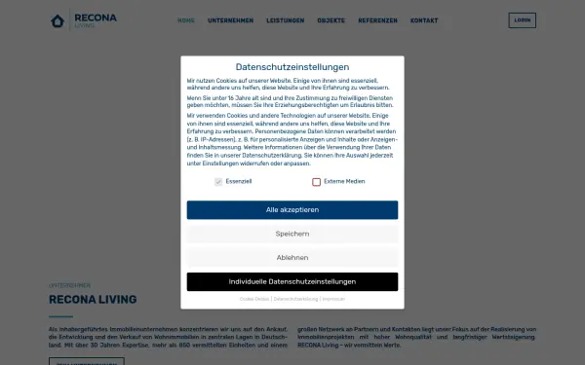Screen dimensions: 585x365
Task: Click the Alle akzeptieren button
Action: pyautogui.click(x=292, y=209)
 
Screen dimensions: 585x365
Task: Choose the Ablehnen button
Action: pyautogui.click(x=292, y=258)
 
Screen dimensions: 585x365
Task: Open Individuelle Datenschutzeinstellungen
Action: pyautogui.click(x=292, y=281)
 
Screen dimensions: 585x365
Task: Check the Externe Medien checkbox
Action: pyautogui.click(x=317, y=182)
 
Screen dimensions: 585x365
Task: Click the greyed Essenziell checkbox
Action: pyautogui.click(x=218, y=182)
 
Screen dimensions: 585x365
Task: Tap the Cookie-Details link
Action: pyautogui.click(x=253, y=299)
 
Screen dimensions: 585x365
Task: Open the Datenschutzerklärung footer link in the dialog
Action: pyautogui.click(x=295, y=299)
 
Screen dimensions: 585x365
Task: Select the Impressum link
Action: pyautogui.click(x=333, y=299)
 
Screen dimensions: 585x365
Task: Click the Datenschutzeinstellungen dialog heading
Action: pyautogui.click(x=292, y=66)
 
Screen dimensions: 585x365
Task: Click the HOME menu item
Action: pyautogui.click(x=186, y=20)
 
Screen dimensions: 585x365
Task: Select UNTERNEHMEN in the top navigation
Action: pyautogui.click(x=231, y=20)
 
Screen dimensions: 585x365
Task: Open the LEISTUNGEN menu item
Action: pyautogui.click(x=285, y=20)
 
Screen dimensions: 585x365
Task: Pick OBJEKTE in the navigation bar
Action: pyautogui.click(x=331, y=20)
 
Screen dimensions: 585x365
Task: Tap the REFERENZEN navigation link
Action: pyautogui.click(x=377, y=20)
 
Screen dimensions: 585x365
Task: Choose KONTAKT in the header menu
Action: pyautogui.click(x=424, y=20)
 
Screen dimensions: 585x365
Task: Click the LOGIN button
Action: pyautogui.click(x=522, y=20)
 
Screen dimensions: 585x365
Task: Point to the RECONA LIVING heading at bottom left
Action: pyautogui.click(x=93, y=300)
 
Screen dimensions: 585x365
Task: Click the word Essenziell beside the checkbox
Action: pyautogui.click(x=239, y=182)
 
